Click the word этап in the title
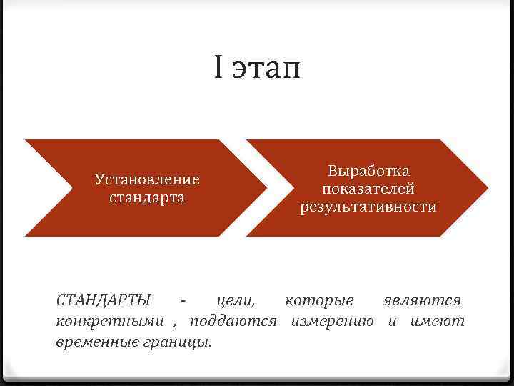click(266, 70)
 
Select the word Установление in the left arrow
click(147, 179)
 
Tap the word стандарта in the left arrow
click(147, 197)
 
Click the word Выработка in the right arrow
click(368, 171)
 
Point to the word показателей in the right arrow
click(368, 189)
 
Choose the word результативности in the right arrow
click(368, 207)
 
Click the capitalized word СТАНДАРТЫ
click(104, 300)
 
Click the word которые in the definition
click(319, 301)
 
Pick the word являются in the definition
click(422, 301)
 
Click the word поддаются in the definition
click(233, 322)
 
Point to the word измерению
click(332, 322)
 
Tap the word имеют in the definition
click(437, 322)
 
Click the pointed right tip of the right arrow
click(488, 188)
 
